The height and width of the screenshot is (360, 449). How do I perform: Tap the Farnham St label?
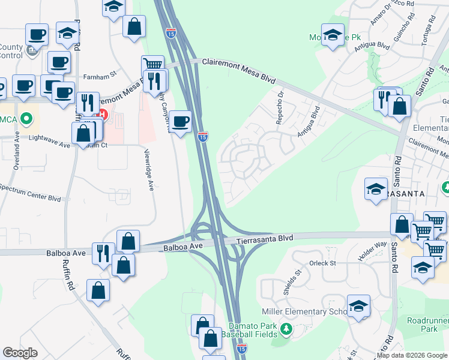100,77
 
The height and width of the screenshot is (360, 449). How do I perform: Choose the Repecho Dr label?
279,105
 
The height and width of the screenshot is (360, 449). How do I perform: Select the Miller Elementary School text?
304,311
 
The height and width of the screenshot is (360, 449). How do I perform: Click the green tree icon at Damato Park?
286,329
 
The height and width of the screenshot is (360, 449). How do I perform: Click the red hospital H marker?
103,114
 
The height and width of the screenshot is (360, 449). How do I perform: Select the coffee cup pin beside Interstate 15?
180,122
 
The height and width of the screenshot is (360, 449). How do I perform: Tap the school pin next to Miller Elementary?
358,307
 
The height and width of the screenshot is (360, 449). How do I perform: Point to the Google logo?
20,353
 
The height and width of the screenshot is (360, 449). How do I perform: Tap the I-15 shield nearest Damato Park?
241,347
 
